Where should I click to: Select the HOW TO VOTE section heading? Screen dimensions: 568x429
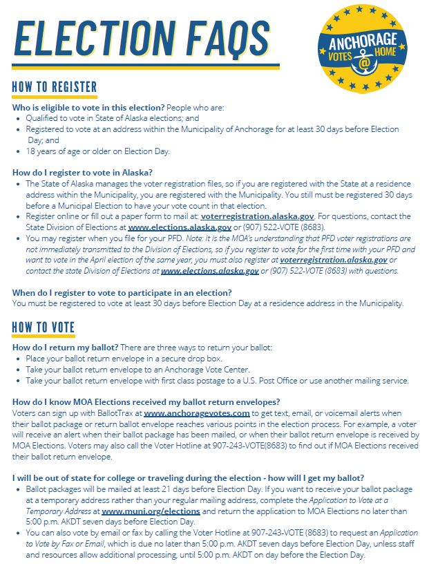click(43, 328)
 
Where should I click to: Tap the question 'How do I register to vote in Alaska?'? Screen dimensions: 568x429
click(82, 172)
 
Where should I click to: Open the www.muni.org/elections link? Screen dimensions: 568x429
click(151, 511)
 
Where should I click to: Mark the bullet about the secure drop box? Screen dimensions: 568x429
click(139, 359)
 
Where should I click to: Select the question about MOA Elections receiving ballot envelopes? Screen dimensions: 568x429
click(146, 401)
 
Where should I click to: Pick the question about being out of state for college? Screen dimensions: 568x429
click(189, 478)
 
